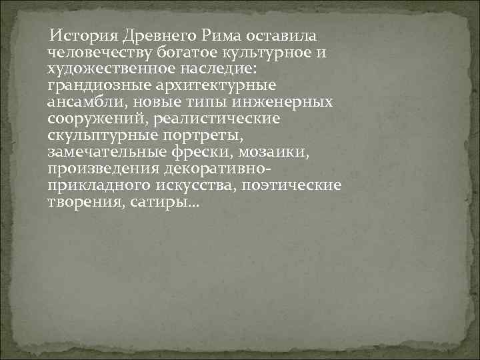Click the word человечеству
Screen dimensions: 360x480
pyautogui.click(x=101, y=52)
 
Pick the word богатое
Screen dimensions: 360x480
pyautogui.click(x=190, y=52)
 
